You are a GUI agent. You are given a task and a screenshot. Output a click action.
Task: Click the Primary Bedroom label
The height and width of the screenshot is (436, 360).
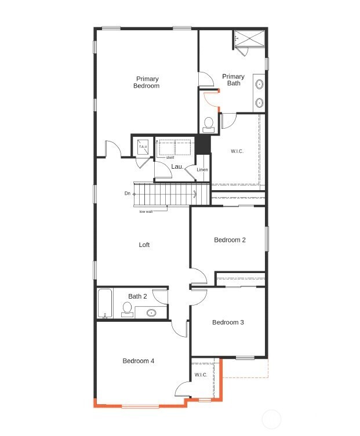(147, 82)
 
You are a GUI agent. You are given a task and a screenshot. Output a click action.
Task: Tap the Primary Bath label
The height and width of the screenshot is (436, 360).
(233, 80)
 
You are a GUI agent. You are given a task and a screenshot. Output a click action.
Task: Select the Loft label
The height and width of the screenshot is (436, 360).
(144, 245)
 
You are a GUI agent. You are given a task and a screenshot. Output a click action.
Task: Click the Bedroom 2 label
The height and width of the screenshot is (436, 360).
(230, 240)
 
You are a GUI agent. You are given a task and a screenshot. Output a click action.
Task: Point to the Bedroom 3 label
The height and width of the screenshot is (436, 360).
(228, 322)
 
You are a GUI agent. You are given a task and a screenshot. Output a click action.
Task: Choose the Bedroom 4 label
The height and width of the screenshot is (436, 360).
(139, 361)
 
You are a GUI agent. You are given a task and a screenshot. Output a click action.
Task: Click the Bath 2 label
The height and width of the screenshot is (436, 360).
(137, 296)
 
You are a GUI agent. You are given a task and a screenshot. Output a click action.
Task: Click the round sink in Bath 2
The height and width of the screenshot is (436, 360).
(151, 313)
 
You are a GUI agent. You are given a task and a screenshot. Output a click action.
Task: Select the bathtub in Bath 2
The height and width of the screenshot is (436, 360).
(105, 303)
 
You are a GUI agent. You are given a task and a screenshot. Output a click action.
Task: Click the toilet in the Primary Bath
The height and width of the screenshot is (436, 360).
(209, 123)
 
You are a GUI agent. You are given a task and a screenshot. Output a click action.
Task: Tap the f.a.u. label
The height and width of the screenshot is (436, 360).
(143, 147)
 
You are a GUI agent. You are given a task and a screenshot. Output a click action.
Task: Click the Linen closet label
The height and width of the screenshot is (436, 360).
(202, 170)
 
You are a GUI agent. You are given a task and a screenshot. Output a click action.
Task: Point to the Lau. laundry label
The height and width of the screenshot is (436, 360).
(177, 166)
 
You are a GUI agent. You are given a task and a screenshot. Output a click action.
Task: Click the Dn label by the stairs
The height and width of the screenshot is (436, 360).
(127, 193)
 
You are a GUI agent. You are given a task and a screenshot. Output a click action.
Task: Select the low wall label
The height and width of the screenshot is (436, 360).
(146, 211)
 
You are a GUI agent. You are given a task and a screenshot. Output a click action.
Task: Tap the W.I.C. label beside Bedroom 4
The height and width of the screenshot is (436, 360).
(201, 375)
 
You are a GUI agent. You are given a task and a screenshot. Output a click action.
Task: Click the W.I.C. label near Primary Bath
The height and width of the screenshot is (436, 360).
(237, 151)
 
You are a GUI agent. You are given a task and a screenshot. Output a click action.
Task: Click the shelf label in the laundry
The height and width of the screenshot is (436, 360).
(170, 158)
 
